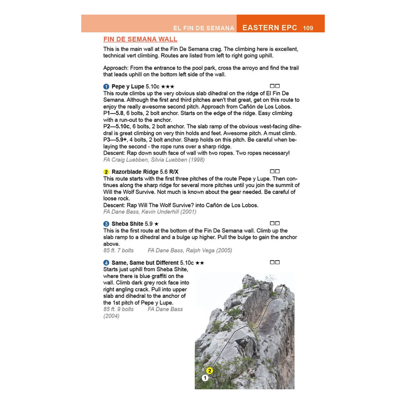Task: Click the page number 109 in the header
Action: tap(308, 28)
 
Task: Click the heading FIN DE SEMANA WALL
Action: tap(140, 39)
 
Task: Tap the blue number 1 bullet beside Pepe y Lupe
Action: tap(106, 86)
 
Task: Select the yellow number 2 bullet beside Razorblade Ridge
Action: tap(106, 172)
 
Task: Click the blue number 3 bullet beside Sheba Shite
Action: tap(106, 224)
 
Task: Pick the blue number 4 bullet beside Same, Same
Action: tap(106, 263)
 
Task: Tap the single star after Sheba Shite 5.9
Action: tap(156, 224)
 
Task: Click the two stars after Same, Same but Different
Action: tap(200, 263)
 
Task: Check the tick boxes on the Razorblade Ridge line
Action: tap(275, 171)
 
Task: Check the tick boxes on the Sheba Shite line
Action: tap(275, 223)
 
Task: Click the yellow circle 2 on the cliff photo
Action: tap(210, 371)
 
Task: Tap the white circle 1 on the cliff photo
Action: tap(205, 378)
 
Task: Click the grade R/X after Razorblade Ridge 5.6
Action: tap(174, 172)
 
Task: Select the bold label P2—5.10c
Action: tap(117, 127)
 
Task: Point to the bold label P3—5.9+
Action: tap(115, 140)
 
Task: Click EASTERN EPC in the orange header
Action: tap(270, 28)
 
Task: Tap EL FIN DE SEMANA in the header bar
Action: tap(204, 28)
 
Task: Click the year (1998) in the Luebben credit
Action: tap(197, 160)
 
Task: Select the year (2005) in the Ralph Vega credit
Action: tap(224, 250)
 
